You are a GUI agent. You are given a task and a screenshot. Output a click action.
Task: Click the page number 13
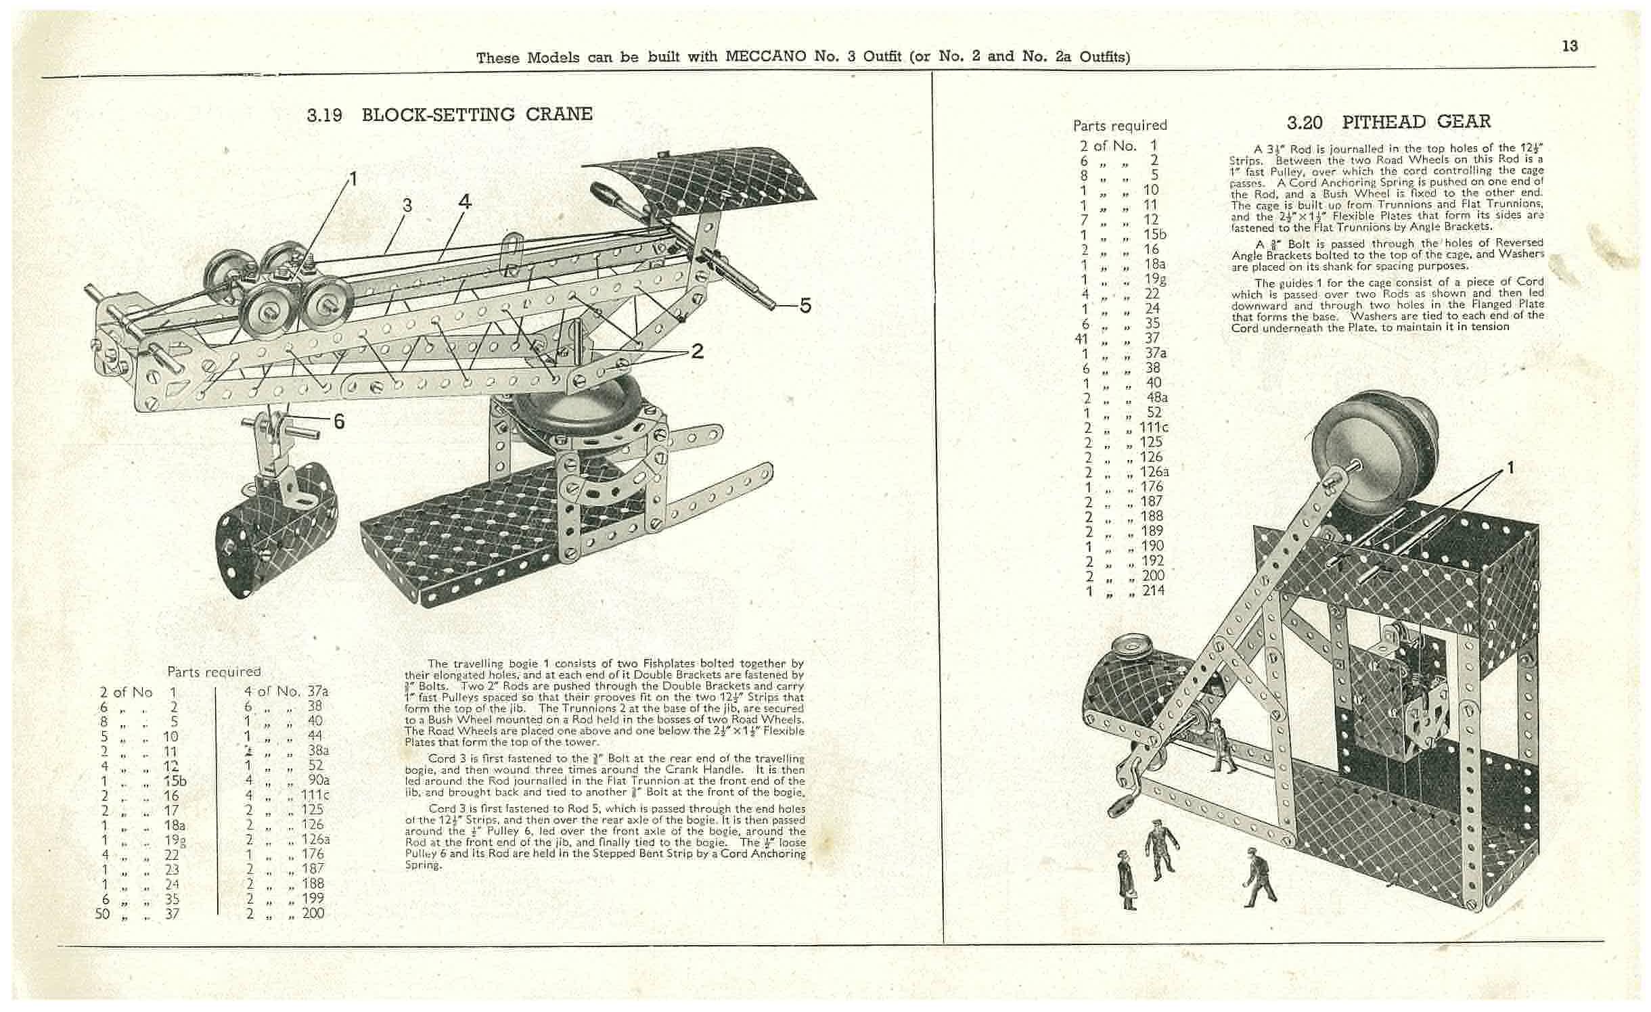[x=1570, y=46]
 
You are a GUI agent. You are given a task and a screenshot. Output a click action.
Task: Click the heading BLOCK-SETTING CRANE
[x=476, y=114]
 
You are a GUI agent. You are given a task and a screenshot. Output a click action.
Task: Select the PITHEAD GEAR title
[x=1416, y=122]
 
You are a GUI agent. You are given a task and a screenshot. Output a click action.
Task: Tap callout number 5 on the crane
[x=805, y=306]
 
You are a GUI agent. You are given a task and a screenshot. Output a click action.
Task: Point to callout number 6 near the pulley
[x=339, y=422]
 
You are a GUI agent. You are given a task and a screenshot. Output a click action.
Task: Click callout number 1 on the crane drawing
[x=352, y=179]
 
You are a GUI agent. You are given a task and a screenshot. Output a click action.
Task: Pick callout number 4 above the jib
[x=465, y=202]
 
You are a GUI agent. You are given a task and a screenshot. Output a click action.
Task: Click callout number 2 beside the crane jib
[x=697, y=351]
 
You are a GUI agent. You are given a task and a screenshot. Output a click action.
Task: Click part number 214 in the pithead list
[x=1153, y=591]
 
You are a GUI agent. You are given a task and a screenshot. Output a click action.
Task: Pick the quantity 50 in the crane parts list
[x=103, y=914]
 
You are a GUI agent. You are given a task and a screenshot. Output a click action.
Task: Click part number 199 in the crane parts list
[x=313, y=898]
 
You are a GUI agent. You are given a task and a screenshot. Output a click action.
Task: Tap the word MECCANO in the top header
[x=766, y=57]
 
